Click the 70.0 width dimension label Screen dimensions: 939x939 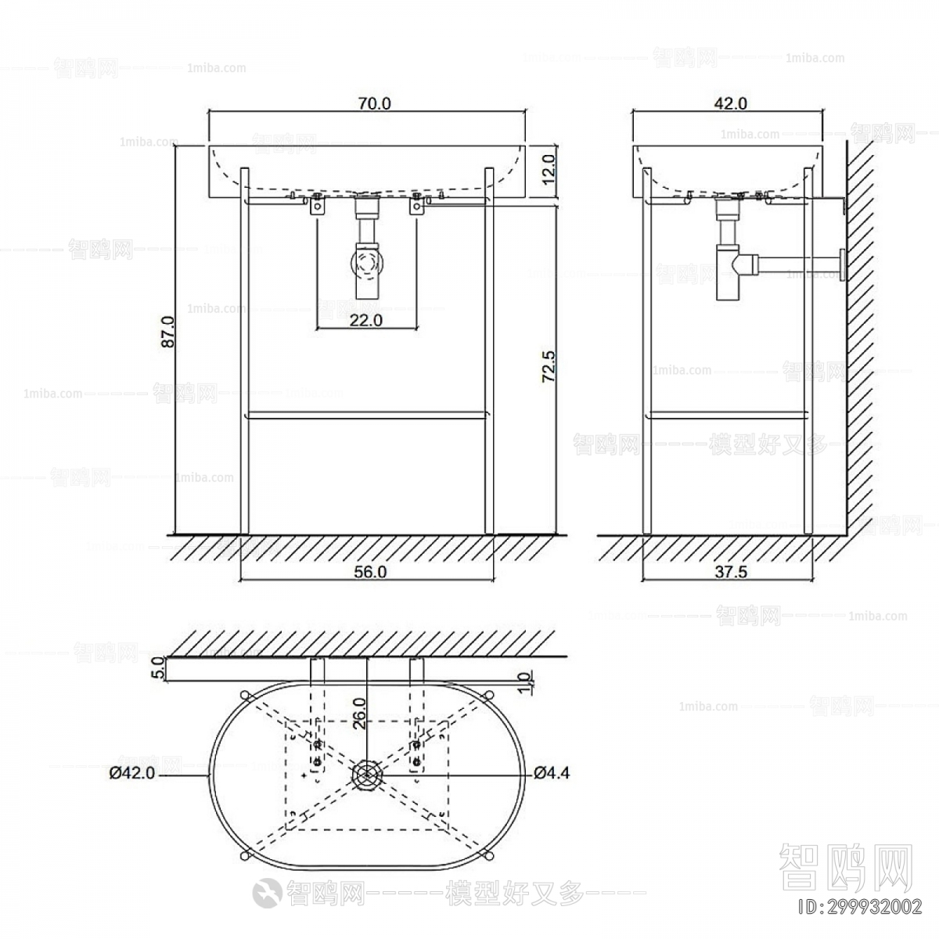point(373,103)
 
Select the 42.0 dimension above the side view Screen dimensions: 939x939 point(731,103)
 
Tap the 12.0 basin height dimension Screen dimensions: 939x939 point(548,168)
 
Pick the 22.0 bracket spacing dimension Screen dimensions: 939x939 point(365,319)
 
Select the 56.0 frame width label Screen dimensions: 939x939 point(370,572)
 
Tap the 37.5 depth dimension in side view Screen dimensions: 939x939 point(731,572)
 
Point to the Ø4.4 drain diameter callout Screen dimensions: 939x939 point(552,774)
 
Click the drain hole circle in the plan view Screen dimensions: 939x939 point(365,775)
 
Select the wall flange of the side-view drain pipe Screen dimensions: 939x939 point(841,264)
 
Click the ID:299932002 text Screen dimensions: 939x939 point(858,908)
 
